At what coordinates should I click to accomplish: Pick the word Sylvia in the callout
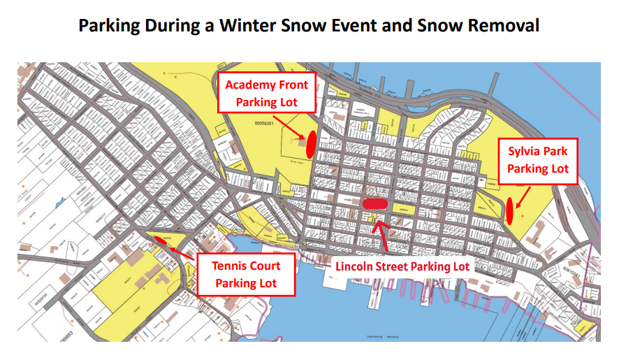522,150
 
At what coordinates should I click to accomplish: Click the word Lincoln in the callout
357,266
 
